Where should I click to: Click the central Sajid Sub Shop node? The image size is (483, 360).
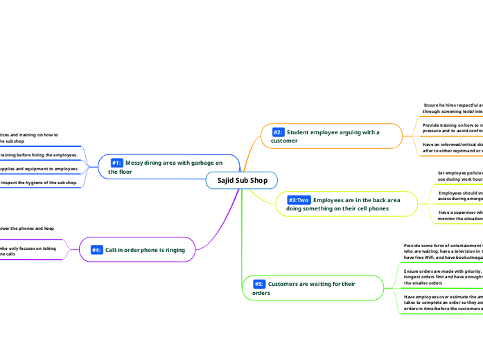coord(241,181)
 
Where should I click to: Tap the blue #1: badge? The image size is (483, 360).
coord(116,163)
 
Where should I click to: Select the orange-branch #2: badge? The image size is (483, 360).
coord(278,132)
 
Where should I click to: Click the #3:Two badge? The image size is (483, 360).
coord(299,200)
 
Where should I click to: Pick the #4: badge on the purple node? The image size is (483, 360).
coord(96,250)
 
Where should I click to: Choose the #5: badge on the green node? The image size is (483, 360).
coord(258,284)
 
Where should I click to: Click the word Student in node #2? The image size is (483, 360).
coord(299,132)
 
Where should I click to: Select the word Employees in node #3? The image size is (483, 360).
coord(332,200)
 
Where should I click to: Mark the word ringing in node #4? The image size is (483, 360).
coord(171,250)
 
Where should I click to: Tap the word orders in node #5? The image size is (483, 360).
coord(261,293)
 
